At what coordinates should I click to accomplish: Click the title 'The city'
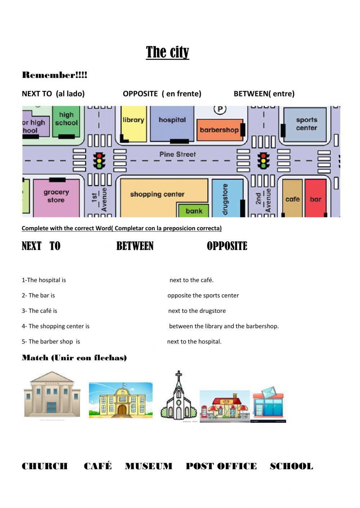click(167, 52)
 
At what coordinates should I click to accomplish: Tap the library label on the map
click(133, 120)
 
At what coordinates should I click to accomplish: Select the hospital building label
click(172, 120)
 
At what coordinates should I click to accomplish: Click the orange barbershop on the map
click(219, 130)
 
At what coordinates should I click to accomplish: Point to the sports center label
click(306, 124)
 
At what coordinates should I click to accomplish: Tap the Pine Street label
click(177, 155)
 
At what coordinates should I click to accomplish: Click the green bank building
click(194, 211)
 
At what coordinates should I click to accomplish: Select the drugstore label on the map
click(225, 199)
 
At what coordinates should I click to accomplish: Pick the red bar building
click(315, 198)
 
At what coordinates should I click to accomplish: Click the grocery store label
click(56, 196)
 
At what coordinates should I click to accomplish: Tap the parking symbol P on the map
click(220, 109)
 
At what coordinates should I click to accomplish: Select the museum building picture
click(52, 395)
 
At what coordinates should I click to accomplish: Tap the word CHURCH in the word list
click(45, 466)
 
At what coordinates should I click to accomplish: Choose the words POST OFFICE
click(221, 466)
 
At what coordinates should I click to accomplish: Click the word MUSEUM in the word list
click(148, 466)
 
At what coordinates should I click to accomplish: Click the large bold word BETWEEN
click(135, 246)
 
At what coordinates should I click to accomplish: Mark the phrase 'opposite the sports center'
click(203, 296)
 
